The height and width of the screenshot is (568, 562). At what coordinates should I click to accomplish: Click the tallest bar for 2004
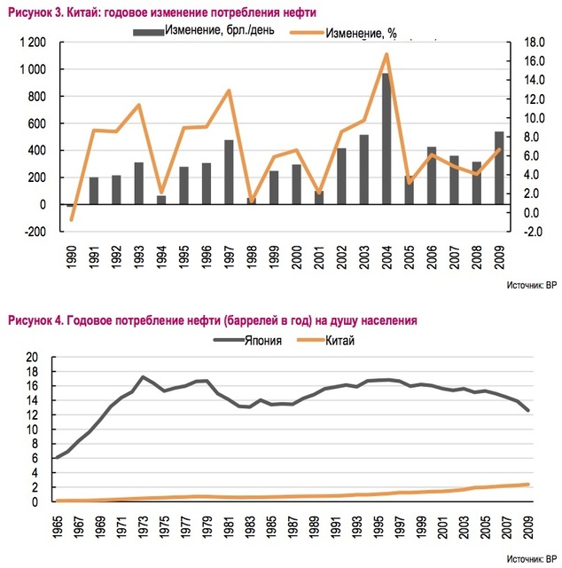(x=386, y=138)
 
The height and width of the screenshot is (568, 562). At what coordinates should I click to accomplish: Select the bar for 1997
(x=229, y=172)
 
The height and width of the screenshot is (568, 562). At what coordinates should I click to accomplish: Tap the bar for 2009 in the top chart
(x=499, y=168)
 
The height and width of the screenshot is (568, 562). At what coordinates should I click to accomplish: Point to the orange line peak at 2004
(x=386, y=54)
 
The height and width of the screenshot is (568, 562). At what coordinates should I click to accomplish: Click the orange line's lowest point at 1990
(x=71, y=219)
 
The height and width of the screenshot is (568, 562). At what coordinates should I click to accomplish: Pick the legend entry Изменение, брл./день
(x=204, y=30)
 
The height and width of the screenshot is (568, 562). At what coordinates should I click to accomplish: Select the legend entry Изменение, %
(x=343, y=34)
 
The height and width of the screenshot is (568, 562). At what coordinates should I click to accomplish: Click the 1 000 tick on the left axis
(x=33, y=69)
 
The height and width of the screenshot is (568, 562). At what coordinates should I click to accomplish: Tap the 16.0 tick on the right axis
(x=535, y=61)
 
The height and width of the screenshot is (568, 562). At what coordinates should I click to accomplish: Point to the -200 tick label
(x=35, y=232)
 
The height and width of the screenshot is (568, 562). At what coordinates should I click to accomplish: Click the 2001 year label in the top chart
(x=319, y=256)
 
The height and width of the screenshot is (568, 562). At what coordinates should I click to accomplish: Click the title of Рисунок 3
(x=161, y=12)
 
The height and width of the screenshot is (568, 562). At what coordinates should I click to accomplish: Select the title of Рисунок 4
(x=213, y=320)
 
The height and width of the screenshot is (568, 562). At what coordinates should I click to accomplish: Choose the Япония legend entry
(x=247, y=341)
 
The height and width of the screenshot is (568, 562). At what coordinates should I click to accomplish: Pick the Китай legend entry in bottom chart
(x=325, y=341)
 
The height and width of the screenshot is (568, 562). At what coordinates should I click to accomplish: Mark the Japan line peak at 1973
(x=143, y=377)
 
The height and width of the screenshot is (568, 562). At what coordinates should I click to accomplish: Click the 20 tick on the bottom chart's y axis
(x=32, y=357)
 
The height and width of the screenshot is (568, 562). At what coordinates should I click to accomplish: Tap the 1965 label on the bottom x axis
(x=58, y=527)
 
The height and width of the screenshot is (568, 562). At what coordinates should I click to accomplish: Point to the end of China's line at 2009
(x=528, y=485)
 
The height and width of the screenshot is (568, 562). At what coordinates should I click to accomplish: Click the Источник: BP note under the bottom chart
(x=532, y=559)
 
